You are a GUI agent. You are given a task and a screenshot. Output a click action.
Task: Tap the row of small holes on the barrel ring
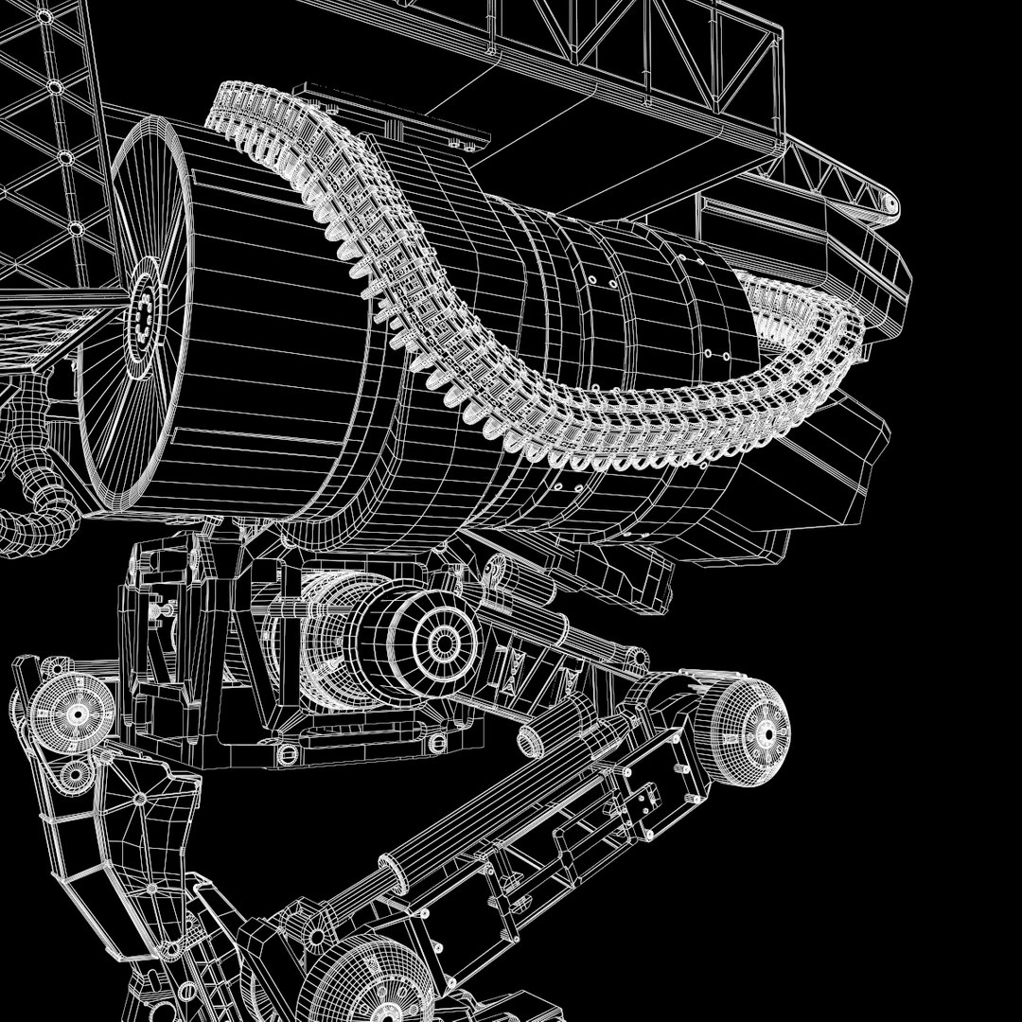click(606, 279)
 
